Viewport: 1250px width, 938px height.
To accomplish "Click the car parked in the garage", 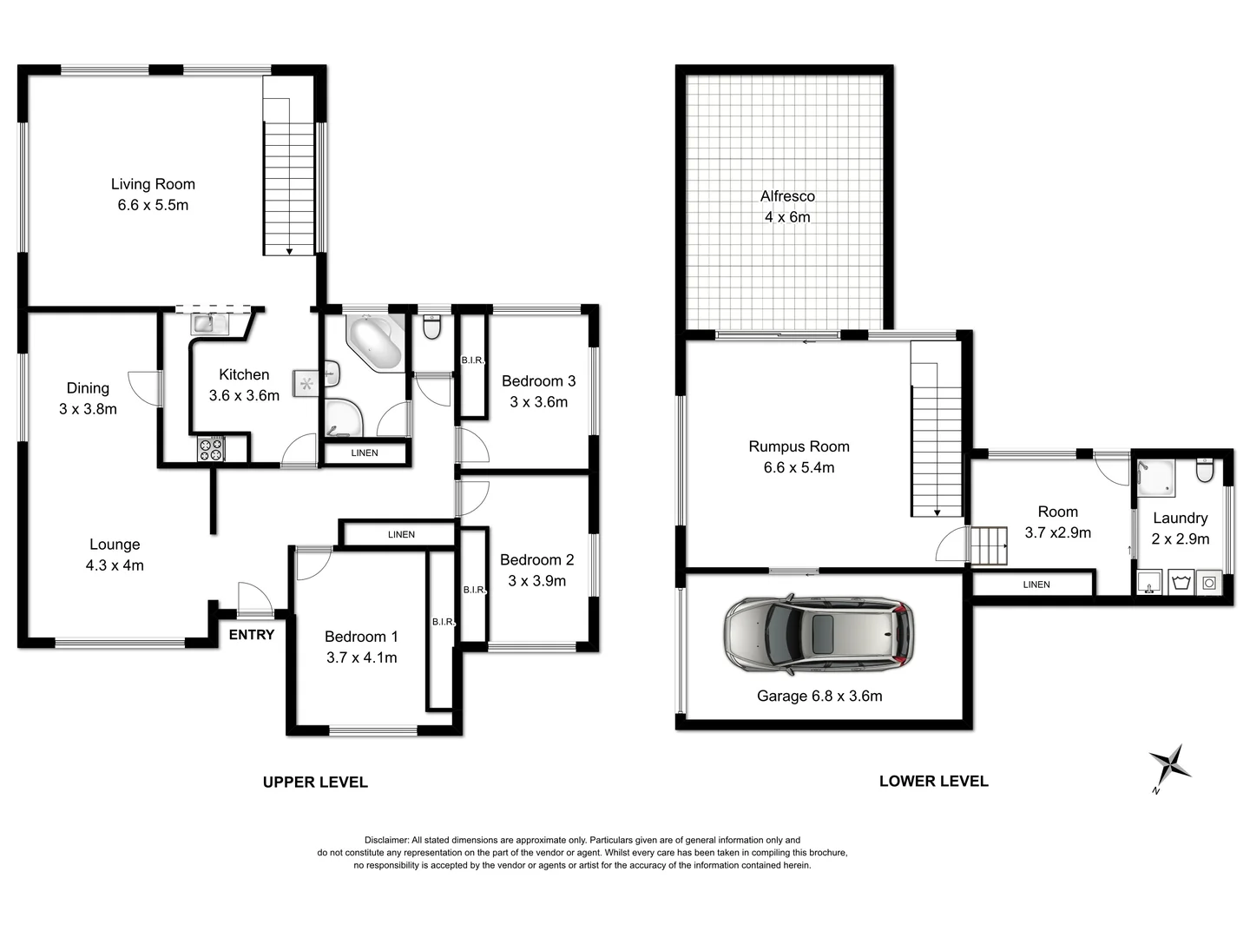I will pos(819,634).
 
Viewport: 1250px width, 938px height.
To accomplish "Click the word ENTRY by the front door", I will pos(252,635).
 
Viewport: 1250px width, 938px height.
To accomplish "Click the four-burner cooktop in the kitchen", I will pos(211,449).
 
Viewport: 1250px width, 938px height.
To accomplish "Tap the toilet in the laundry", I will pos(1204,471).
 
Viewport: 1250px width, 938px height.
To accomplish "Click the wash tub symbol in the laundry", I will pos(1180,582).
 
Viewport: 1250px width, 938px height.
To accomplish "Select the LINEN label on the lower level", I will pos(1036,585).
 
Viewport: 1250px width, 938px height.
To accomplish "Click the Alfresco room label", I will pos(787,196).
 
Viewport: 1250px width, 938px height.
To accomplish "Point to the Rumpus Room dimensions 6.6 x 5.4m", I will pos(799,468).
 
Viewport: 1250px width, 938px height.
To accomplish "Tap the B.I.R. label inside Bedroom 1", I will pos(443,622).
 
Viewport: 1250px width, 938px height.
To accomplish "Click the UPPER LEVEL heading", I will pos(315,783).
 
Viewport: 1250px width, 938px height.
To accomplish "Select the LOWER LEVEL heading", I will pos(933,781).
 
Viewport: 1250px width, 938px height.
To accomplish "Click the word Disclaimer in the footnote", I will pos(386,840).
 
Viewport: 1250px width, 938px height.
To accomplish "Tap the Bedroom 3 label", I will pos(538,381).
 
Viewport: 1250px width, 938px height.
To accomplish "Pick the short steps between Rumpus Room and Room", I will pos(988,545).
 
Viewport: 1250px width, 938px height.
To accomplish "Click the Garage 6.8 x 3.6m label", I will pos(819,696).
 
